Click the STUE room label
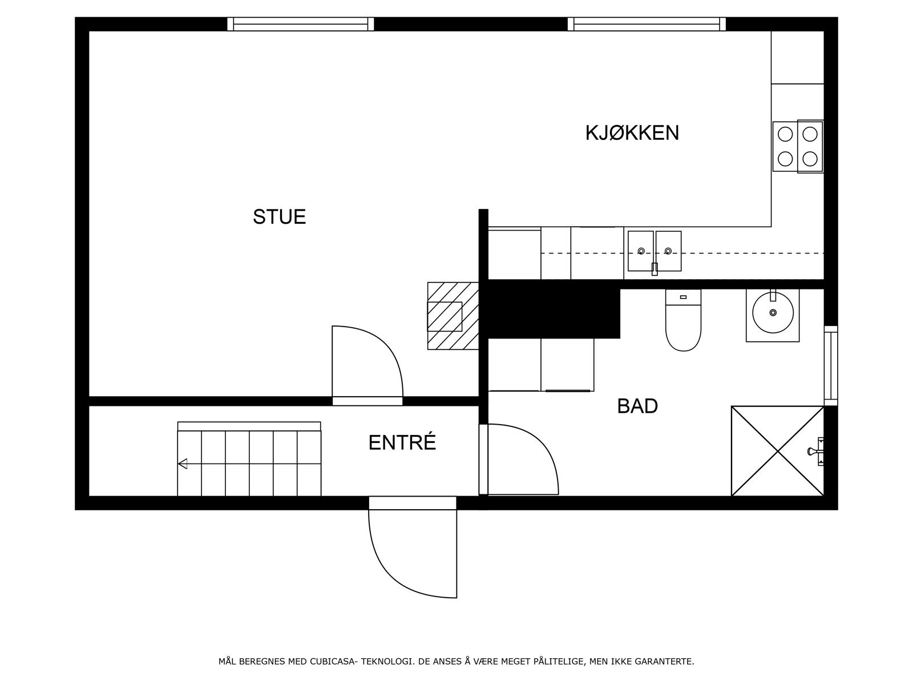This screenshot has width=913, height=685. [x=279, y=217]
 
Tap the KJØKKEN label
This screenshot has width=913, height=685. [x=632, y=133]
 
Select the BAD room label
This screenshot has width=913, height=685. [x=637, y=406]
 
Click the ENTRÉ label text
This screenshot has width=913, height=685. [x=402, y=443]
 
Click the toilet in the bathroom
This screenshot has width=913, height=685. [x=683, y=323]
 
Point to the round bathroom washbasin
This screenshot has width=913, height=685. [x=773, y=313]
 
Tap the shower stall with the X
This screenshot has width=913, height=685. [x=777, y=451]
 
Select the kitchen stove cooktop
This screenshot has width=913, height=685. [x=798, y=146]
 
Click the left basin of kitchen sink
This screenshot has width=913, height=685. [x=640, y=250]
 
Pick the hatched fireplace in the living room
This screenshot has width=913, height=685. [x=453, y=315]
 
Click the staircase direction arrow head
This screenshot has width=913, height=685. [x=183, y=464]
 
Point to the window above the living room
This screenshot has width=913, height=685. [x=301, y=23]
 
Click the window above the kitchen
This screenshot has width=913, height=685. [x=647, y=23]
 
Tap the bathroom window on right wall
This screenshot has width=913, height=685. [x=830, y=365]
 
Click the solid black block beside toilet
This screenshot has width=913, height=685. [x=551, y=311]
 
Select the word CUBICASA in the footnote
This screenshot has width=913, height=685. [x=333, y=662]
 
